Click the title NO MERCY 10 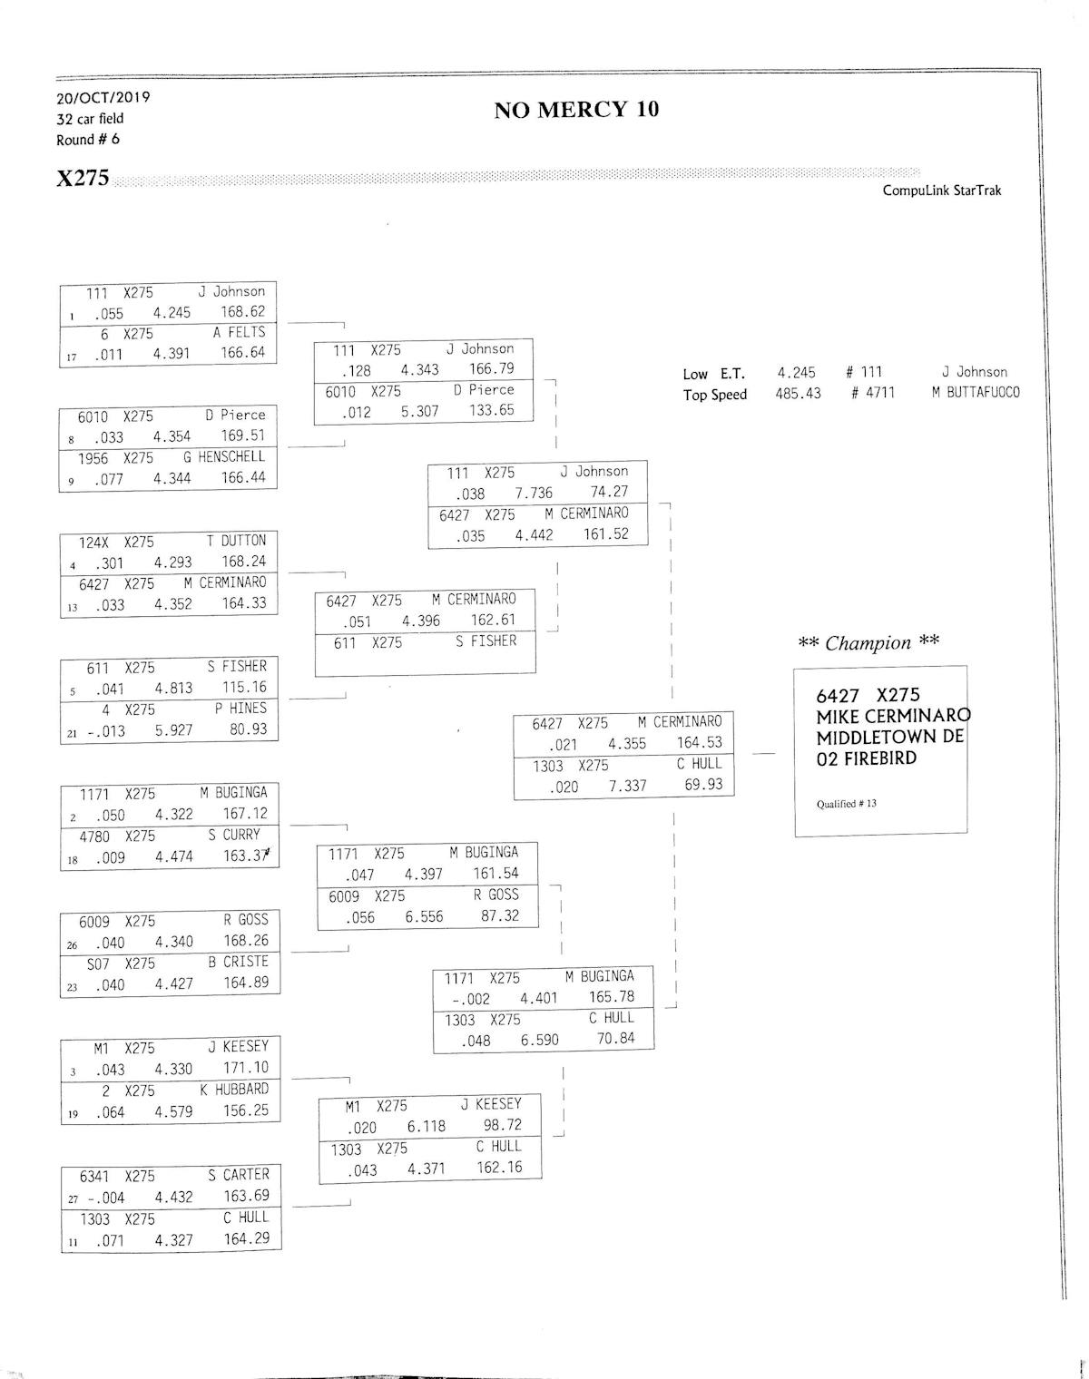point(575,110)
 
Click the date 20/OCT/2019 point(103,97)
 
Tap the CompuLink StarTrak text point(941,191)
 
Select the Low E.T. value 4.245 point(796,372)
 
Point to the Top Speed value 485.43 point(798,394)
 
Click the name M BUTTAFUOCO point(976,393)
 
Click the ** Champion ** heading point(868,643)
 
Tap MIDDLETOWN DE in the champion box point(889,737)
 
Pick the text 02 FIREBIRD point(866,758)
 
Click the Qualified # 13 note point(846,804)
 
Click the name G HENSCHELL point(224,456)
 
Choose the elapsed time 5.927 point(173,729)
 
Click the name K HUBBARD point(234,1090)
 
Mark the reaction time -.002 point(470,999)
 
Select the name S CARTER point(238,1175)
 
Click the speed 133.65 point(492,410)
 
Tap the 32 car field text point(89,119)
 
